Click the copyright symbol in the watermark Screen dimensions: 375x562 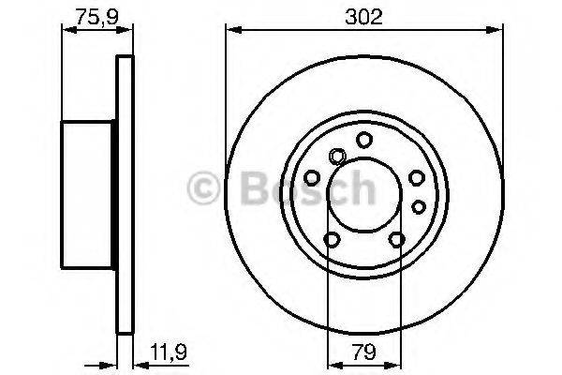(x=206, y=190)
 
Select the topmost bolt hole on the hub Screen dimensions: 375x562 (x=362, y=140)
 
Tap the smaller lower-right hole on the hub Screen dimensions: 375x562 (x=419, y=204)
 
